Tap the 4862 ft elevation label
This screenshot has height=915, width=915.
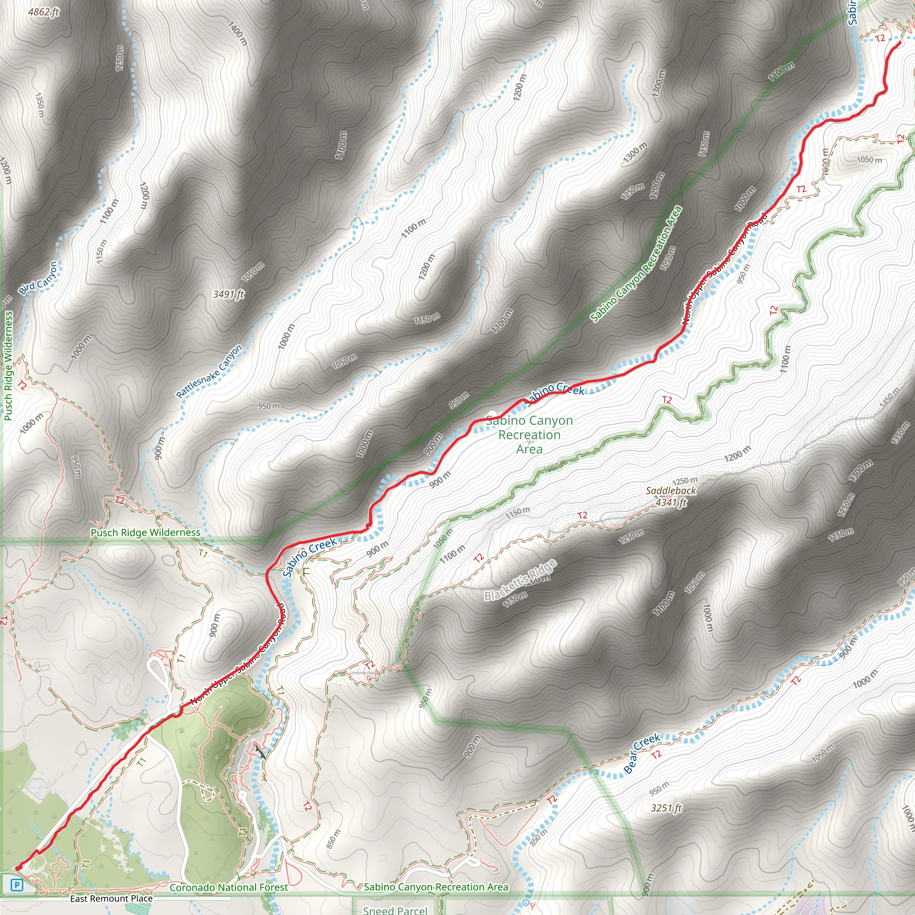click(44, 12)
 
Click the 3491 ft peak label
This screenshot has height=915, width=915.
click(228, 294)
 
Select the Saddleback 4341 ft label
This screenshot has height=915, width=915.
click(671, 496)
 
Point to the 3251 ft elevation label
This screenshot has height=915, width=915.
click(666, 808)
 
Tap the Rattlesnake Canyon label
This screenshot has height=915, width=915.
click(210, 371)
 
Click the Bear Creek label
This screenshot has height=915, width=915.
click(642, 753)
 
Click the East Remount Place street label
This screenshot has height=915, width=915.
click(111, 898)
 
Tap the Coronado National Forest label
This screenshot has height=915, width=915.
click(228, 887)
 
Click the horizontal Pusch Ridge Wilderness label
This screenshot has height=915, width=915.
click(145, 532)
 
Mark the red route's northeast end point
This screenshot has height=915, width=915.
click(899, 42)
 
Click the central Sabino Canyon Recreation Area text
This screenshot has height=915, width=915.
click(529, 434)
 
